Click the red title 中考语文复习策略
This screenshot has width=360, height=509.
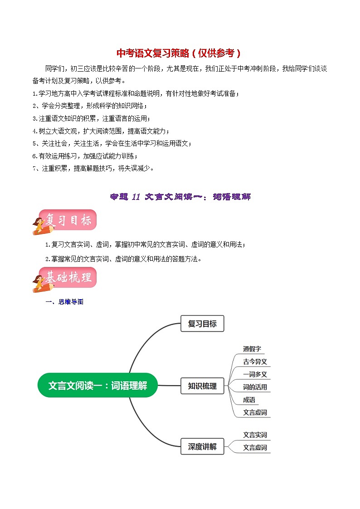pos(179,53)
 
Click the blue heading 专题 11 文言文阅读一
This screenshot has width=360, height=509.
pos(180,197)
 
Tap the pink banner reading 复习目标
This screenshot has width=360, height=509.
pos(68,220)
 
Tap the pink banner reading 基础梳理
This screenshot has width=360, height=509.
pos(68,277)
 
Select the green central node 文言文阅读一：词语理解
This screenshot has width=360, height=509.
pos(97,386)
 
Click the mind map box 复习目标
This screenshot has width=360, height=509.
pos(202,324)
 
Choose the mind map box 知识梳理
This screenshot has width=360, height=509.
pos(202,386)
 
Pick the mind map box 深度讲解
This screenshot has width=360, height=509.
pos(202,447)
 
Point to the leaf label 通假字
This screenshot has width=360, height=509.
pos(252,349)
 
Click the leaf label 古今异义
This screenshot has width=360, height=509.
pos(255,362)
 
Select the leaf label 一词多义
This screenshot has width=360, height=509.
pos(255,374)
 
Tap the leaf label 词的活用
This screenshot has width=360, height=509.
pos(255,387)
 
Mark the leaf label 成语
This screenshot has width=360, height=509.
pos(249,400)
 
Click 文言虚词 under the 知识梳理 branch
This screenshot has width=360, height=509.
pos(255,412)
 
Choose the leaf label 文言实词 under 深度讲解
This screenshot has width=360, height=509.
pos(255,435)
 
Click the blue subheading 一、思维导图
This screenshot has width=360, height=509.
pos(64,302)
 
